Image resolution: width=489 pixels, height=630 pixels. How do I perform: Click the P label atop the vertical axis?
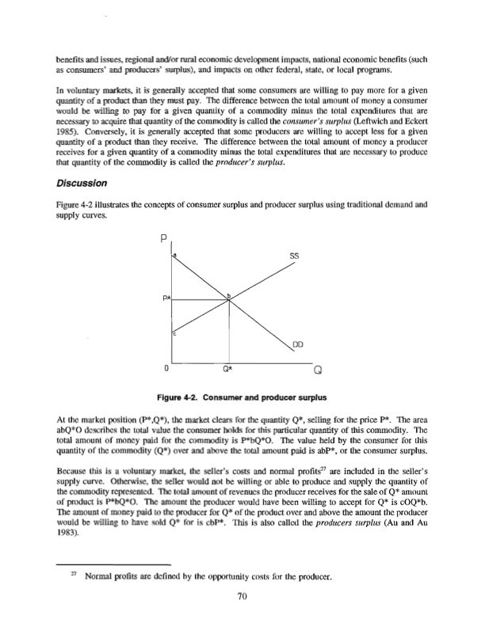click(x=164, y=237)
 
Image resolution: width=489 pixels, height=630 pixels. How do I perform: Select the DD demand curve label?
click(x=296, y=344)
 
